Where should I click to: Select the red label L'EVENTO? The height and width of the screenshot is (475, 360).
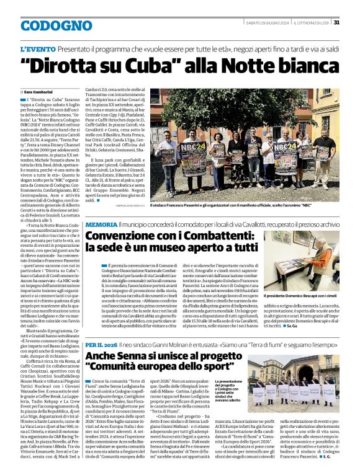(38, 48)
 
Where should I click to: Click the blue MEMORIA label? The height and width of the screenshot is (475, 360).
(101, 224)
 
